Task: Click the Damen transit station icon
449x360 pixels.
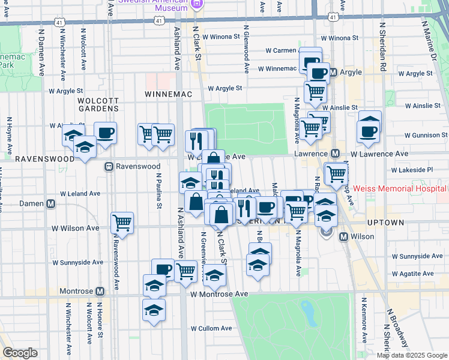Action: pyautogui.click(x=51, y=204)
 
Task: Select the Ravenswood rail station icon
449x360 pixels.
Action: pyautogui.click(x=109, y=166)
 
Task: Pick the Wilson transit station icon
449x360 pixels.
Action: pyautogui.click(x=344, y=236)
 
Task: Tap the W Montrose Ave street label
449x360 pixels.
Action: pyautogui.click(x=219, y=295)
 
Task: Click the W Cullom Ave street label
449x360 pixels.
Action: pyautogui.click(x=211, y=328)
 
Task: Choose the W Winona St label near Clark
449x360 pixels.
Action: pyautogui.click(x=221, y=36)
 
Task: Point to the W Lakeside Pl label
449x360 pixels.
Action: pyautogui.click(x=412, y=170)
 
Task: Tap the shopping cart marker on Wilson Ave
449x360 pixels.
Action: pyautogui.click(x=122, y=223)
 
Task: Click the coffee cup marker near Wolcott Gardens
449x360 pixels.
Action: pyautogui.click(x=105, y=133)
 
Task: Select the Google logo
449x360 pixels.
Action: pyautogui.click(x=20, y=353)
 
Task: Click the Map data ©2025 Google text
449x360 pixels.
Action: pyautogui.click(x=411, y=355)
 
